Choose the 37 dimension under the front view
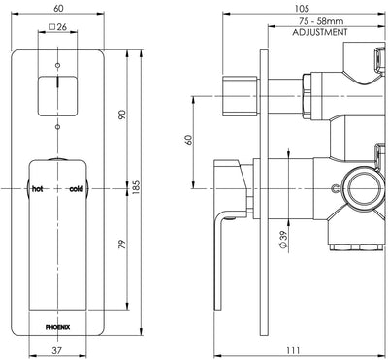(58, 351)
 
